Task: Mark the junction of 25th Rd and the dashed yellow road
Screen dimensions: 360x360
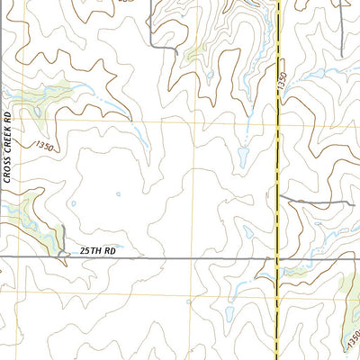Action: click(276, 258)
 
